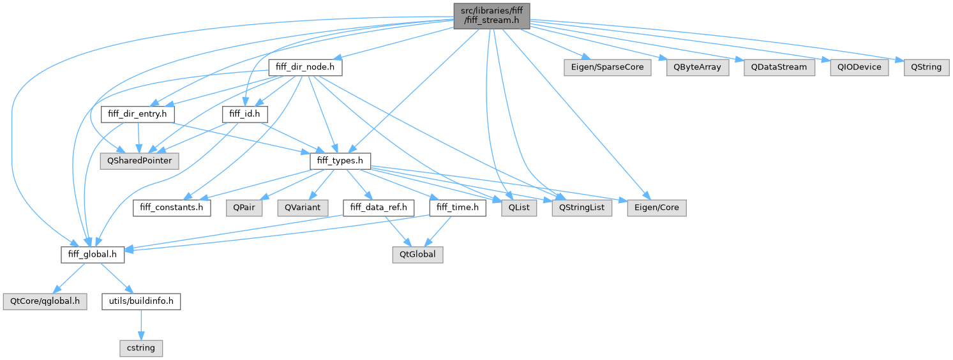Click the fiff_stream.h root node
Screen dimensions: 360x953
(x=491, y=15)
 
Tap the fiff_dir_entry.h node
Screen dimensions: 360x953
(x=138, y=114)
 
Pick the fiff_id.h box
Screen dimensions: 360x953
(x=244, y=114)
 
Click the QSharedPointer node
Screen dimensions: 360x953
(x=139, y=161)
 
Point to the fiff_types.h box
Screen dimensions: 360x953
(x=340, y=161)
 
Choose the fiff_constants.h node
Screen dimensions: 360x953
(x=172, y=207)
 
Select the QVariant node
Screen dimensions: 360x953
(x=302, y=207)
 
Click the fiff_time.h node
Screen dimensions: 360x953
(x=458, y=207)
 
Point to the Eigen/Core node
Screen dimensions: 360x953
(x=656, y=207)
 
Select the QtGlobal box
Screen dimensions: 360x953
(x=417, y=254)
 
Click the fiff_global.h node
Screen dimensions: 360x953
(x=93, y=254)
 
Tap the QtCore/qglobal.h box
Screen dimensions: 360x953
(x=44, y=301)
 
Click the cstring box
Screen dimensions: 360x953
(x=140, y=348)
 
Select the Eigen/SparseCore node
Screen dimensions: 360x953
(x=606, y=66)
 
